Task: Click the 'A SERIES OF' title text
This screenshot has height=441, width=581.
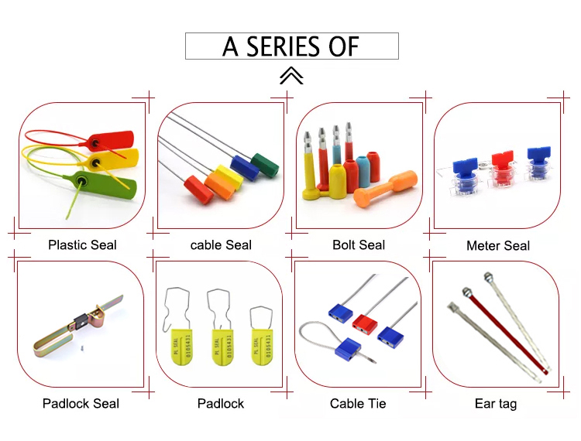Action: tap(290, 46)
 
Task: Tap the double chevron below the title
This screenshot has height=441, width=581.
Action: tap(290, 75)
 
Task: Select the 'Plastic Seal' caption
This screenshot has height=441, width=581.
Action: tap(82, 245)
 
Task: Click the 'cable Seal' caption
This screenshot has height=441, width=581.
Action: tap(221, 245)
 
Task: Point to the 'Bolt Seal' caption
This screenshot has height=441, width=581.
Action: tap(358, 245)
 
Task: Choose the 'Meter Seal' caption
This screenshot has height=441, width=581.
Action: tap(497, 246)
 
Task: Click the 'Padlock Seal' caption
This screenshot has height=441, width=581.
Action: tap(81, 403)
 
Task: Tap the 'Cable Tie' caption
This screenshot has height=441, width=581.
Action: tap(357, 403)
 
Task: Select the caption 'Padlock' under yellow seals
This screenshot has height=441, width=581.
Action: tap(220, 403)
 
